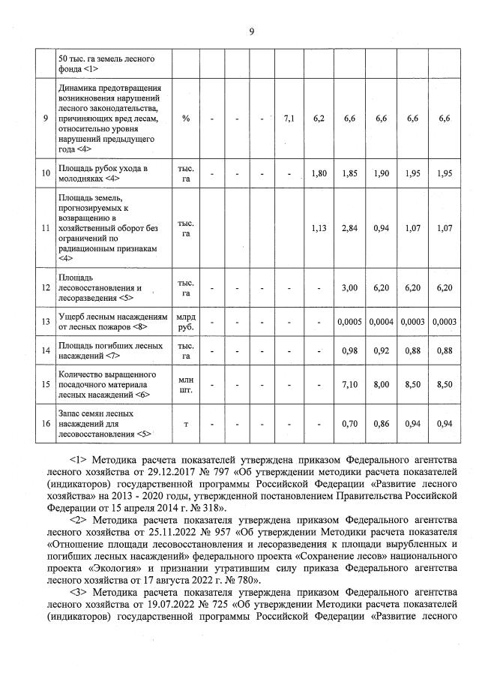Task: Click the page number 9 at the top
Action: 253,31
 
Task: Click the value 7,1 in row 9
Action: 290,118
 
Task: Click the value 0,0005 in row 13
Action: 349,321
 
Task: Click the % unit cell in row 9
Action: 185,118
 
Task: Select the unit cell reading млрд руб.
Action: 185,321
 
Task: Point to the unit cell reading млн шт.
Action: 185,384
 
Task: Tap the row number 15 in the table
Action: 46,384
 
